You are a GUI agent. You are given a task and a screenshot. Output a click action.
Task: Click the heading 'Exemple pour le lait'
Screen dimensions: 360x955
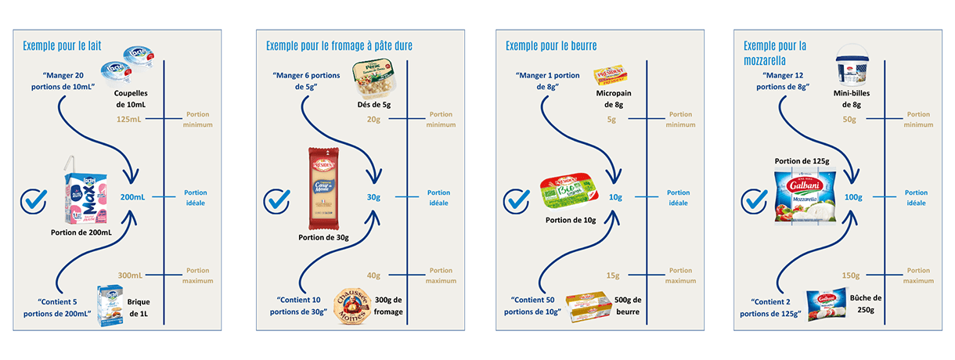pyautogui.click(x=63, y=45)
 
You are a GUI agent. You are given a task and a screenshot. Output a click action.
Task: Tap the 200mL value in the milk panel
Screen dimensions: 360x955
pyautogui.click(x=133, y=197)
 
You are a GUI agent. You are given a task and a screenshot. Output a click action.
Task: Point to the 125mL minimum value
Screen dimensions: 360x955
pyautogui.click(x=130, y=119)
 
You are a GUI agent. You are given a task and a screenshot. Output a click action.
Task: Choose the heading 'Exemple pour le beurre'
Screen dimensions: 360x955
pyautogui.click(x=552, y=45)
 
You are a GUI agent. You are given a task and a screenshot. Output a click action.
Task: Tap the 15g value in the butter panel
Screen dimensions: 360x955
pyautogui.click(x=613, y=275)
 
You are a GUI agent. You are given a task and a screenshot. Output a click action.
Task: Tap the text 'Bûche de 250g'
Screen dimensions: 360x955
pyautogui.click(x=866, y=304)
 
